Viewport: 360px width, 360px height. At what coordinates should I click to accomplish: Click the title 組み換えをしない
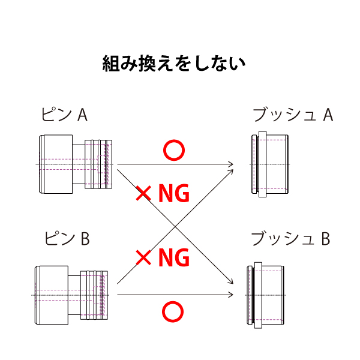tap(174, 64)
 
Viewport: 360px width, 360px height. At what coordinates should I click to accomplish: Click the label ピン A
tap(64, 114)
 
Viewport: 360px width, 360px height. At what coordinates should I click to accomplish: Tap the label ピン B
tap(67, 239)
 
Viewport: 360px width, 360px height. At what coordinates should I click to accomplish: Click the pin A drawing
tap(75, 164)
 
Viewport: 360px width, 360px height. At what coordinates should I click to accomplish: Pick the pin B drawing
tap(72, 295)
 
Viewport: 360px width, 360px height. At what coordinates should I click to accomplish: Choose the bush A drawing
tap(269, 164)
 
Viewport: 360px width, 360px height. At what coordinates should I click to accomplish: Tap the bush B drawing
tap(266, 295)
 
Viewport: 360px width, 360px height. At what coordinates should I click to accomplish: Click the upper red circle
tap(173, 151)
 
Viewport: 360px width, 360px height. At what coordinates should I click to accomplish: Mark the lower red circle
tap(173, 311)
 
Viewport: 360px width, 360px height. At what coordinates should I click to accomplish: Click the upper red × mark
tap(143, 193)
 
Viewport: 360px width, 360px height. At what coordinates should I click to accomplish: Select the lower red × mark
tap(143, 258)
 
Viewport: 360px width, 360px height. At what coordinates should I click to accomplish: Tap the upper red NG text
tap(173, 194)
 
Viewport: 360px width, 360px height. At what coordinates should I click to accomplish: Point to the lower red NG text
tap(173, 258)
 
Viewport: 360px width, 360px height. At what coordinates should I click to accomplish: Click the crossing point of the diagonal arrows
tap(175, 226)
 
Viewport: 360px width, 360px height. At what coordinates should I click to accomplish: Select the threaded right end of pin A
tap(100, 164)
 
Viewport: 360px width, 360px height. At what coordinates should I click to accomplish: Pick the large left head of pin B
tap(51, 295)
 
